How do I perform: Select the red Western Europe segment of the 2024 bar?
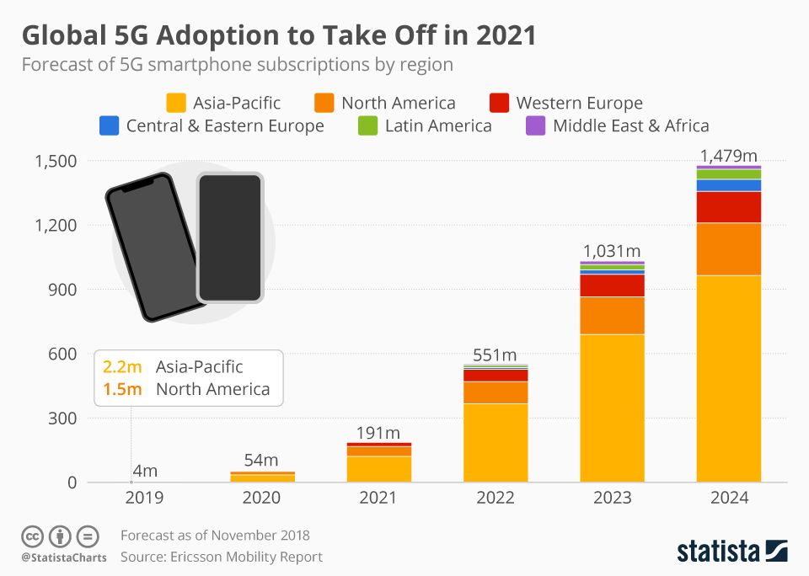pyautogui.click(x=729, y=207)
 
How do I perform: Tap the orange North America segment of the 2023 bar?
pyautogui.click(x=613, y=316)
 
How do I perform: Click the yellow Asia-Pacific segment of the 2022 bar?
pyautogui.click(x=496, y=442)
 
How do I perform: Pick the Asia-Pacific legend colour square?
pyautogui.click(x=176, y=103)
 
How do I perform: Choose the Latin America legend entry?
pyautogui.click(x=437, y=125)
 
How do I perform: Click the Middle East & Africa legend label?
pyautogui.click(x=630, y=125)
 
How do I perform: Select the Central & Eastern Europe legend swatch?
pyautogui.click(x=109, y=125)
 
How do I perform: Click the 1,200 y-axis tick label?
pyautogui.click(x=56, y=226)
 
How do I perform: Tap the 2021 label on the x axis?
pyautogui.click(x=378, y=499)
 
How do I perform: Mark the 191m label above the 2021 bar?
pyautogui.click(x=378, y=433)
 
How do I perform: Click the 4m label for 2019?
pyautogui.click(x=145, y=471)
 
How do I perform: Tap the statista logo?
pyautogui.click(x=731, y=552)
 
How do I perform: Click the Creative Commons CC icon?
pyautogui.click(x=33, y=536)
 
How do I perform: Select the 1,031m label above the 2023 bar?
pyautogui.click(x=613, y=251)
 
